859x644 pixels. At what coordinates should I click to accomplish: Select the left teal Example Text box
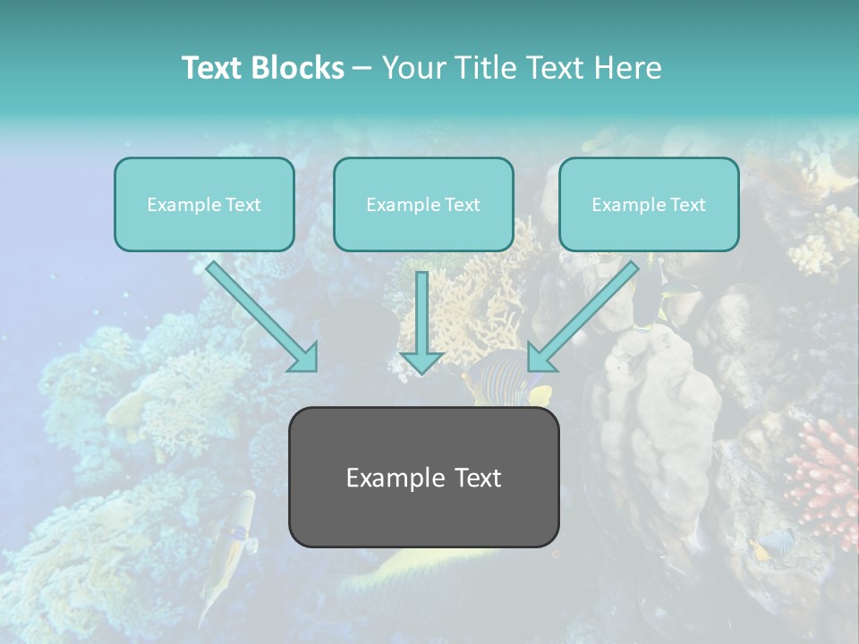coord(204,205)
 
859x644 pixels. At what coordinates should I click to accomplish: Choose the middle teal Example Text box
coord(423,205)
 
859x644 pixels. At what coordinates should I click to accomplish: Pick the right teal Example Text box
coord(649,205)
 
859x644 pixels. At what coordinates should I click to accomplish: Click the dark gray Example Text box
coord(423,477)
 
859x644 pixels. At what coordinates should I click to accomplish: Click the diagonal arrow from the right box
coord(586,313)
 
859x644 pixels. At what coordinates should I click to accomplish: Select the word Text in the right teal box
coord(688,205)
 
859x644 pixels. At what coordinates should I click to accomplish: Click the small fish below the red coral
coord(775,542)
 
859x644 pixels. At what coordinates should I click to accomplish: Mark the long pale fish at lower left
coord(228,546)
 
